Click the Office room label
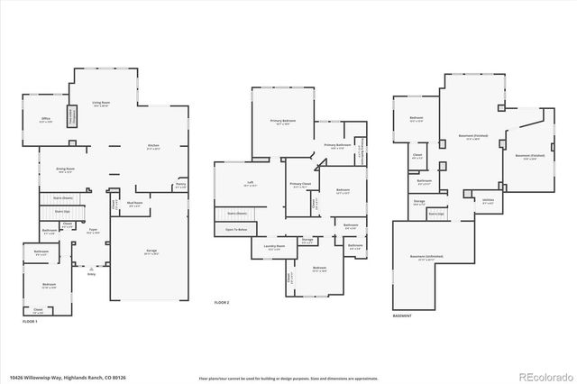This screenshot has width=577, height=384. coord(46,118)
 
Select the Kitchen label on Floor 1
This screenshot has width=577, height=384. coord(154,146)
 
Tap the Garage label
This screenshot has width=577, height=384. coord(151,251)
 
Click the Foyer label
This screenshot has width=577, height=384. coord(93,230)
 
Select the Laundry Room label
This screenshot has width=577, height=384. coord(274,246)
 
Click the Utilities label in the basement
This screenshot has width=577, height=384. coord(488,201)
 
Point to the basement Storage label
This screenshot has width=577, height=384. coord(419,203)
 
